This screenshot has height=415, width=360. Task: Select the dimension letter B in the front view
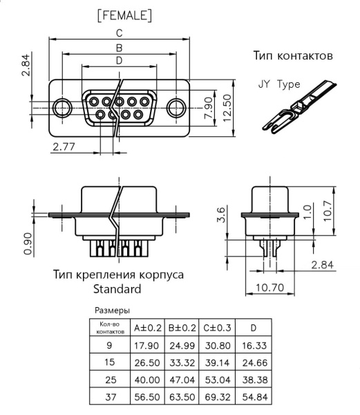(x=120, y=48)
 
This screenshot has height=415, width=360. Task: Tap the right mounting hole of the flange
(x=177, y=107)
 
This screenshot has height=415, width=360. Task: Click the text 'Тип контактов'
(x=294, y=55)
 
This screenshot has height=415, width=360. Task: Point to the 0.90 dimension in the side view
(x=27, y=243)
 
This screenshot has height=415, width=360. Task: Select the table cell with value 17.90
(x=146, y=344)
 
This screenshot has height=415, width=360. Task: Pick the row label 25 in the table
(x=109, y=380)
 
